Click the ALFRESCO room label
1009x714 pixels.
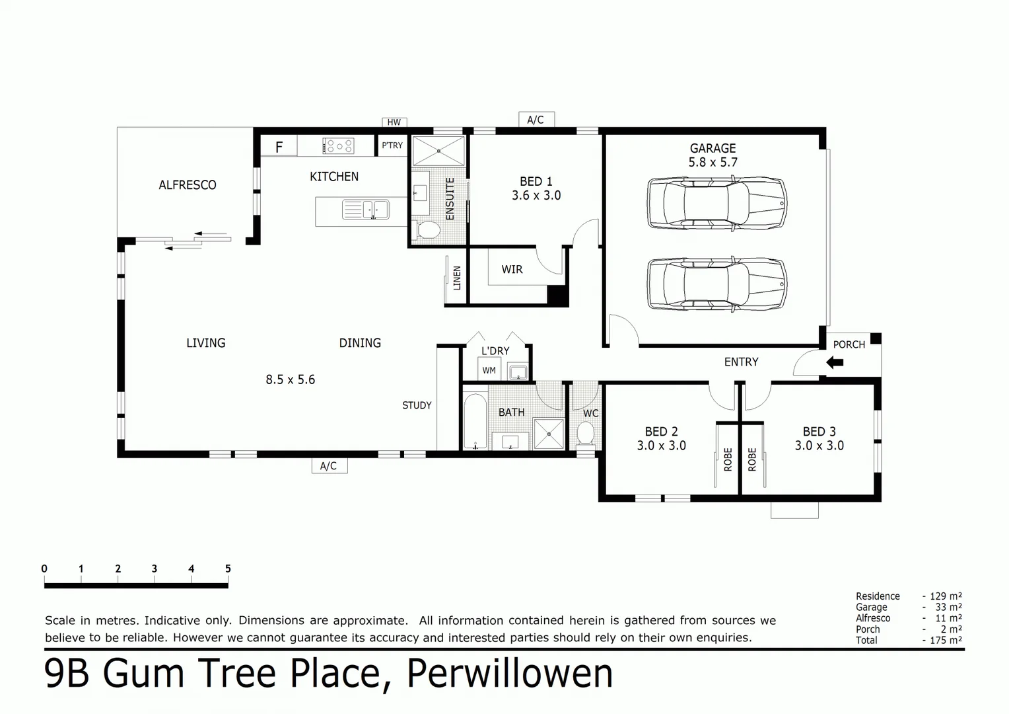(x=187, y=185)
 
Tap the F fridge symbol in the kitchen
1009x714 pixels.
(x=279, y=147)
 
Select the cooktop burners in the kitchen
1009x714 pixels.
(x=338, y=146)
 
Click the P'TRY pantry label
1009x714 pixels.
(x=392, y=145)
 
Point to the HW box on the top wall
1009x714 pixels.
(x=394, y=122)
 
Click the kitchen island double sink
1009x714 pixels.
(x=365, y=210)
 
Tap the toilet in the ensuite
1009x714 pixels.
(x=429, y=230)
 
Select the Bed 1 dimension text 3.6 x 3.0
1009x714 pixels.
(x=536, y=196)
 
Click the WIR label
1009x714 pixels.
(x=512, y=270)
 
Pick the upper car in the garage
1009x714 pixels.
(x=717, y=203)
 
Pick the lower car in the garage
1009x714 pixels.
(x=717, y=284)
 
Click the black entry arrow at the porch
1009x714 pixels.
(x=835, y=362)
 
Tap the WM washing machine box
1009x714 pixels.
(x=489, y=370)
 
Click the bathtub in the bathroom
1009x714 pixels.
(x=474, y=422)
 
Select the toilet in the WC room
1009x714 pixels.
(x=585, y=434)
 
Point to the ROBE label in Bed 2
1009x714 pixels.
(x=728, y=459)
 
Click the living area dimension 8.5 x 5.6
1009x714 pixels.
(x=290, y=380)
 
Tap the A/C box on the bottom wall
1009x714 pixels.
(x=329, y=466)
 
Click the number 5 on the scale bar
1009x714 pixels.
(x=228, y=569)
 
